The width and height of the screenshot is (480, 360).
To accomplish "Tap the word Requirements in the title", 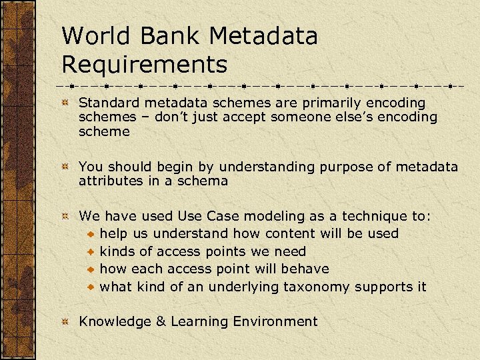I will click(144, 65).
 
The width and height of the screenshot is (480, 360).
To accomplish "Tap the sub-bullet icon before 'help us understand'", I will click(91, 235).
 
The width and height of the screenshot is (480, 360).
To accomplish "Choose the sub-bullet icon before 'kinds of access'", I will click(91, 253).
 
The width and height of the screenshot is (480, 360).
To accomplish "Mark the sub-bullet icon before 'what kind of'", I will click(91, 287).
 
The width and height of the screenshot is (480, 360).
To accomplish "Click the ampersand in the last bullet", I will click(161, 321).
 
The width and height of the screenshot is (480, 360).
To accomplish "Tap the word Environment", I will click(275, 321).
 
